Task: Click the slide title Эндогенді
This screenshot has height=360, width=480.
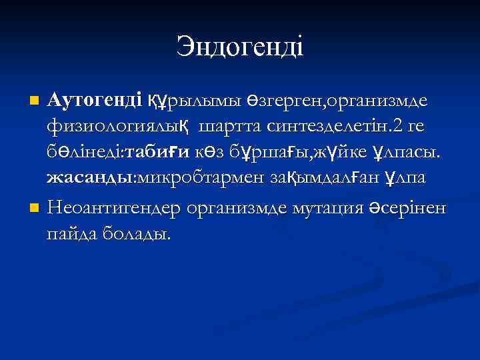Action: [x=240, y=47]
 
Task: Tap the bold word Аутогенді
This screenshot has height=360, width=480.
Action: [x=95, y=101]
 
